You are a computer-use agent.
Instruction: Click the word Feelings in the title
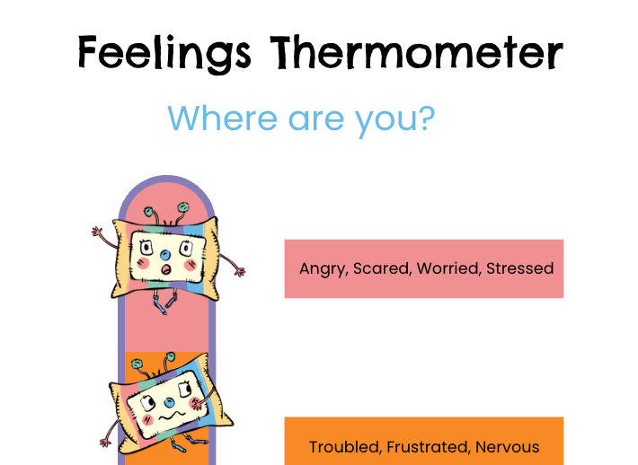164,54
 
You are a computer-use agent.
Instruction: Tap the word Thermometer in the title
416,52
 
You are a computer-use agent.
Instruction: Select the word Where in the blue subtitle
222,118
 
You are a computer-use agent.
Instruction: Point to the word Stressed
520,268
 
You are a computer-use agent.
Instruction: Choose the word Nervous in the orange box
507,447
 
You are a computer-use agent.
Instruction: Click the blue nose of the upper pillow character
165,256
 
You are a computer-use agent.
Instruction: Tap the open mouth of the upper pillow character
166,269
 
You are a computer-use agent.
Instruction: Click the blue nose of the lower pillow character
169,403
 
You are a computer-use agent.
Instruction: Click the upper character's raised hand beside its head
97,232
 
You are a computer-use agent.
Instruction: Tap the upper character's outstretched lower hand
239,271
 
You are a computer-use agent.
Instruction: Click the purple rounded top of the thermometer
166,179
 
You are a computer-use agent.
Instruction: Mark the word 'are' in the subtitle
315,120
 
